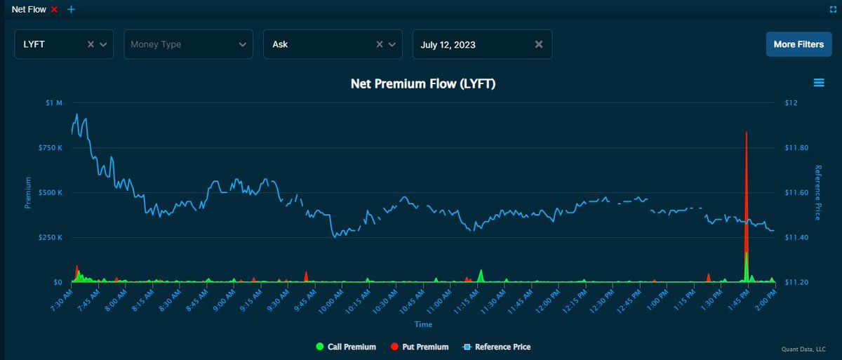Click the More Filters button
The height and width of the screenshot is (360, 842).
[798, 44]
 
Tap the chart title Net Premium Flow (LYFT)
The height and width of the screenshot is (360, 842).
[423, 84]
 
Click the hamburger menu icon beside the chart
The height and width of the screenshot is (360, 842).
[818, 83]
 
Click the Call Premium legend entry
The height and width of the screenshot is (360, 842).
[346, 347]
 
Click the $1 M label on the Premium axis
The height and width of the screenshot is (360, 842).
[55, 103]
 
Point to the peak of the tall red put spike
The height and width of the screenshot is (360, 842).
[746, 132]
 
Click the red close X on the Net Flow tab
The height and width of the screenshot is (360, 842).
[54, 9]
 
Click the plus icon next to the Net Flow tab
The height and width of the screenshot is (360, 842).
[71, 9]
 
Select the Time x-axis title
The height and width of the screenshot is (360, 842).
[423, 324]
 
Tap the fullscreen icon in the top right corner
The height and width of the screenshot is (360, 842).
[832, 10]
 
